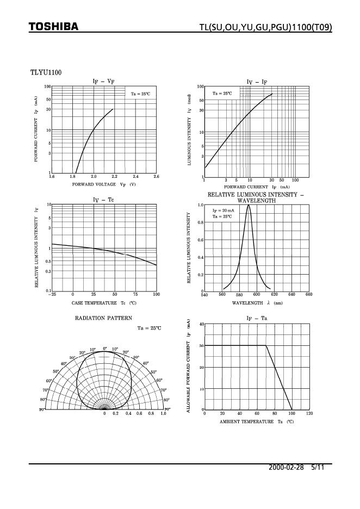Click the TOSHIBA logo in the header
click(53, 27)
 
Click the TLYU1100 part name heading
click(45, 72)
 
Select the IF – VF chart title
click(103, 81)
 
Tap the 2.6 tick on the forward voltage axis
click(156, 177)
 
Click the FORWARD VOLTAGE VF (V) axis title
click(103, 184)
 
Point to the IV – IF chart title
click(257, 82)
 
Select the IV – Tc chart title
click(103, 200)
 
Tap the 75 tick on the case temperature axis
click(135, 294)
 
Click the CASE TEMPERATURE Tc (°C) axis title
click(103, 302)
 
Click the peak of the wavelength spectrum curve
click(249, 205)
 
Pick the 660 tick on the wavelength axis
click(309, 294)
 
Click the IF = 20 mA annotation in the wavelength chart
click(223, 210)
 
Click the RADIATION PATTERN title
click(103, 318)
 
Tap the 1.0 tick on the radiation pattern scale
click(163, 414)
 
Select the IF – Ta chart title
click(257, 318)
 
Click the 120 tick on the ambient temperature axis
click(309, 414)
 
